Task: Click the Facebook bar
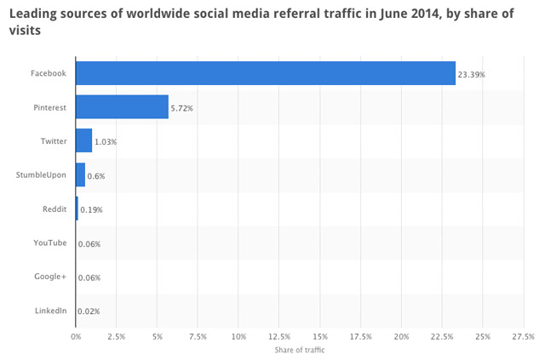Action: (265, 73)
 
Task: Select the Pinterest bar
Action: (122, 106)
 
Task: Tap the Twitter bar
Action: (83, 140)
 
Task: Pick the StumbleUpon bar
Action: (80, 174)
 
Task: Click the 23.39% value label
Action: (472, 74)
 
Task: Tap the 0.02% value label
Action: (89, 312)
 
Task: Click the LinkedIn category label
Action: (51, 311)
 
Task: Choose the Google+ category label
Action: (50, 277)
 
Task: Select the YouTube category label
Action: (50, 243)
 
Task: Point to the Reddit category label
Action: (54, 209)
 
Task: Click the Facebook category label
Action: (49, 73)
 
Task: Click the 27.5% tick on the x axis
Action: (524, 336)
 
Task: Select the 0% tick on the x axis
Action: (76, 336)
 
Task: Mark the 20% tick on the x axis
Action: (401, 336)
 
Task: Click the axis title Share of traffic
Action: (300, 350)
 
